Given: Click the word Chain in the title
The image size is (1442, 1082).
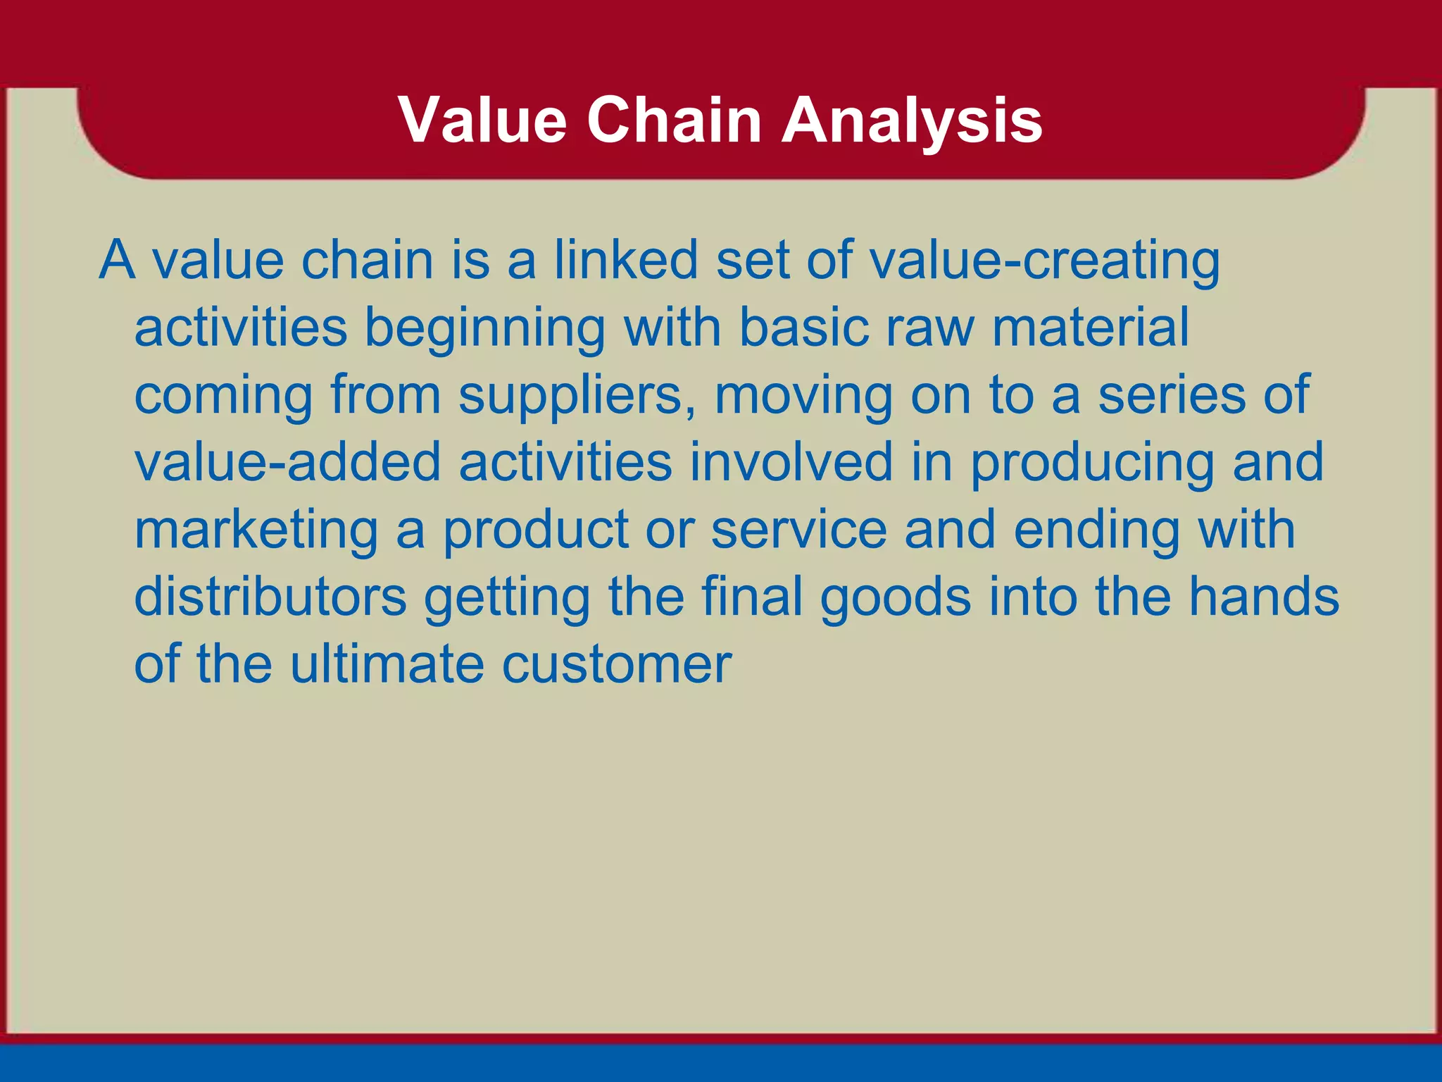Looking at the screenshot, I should tap(674, 121).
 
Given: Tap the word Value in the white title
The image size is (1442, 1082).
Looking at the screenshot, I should tap(482, 121).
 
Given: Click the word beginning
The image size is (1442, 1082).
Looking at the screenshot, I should tap(485, 330).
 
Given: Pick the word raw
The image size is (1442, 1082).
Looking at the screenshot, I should tap(929, 330).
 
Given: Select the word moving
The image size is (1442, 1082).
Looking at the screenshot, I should tap(803, 397).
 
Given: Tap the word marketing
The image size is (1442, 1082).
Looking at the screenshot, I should tap(256, 533).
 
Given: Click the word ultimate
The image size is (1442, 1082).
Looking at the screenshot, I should tap(387, 665).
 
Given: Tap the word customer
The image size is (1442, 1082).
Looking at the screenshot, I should tap(616, 666).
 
